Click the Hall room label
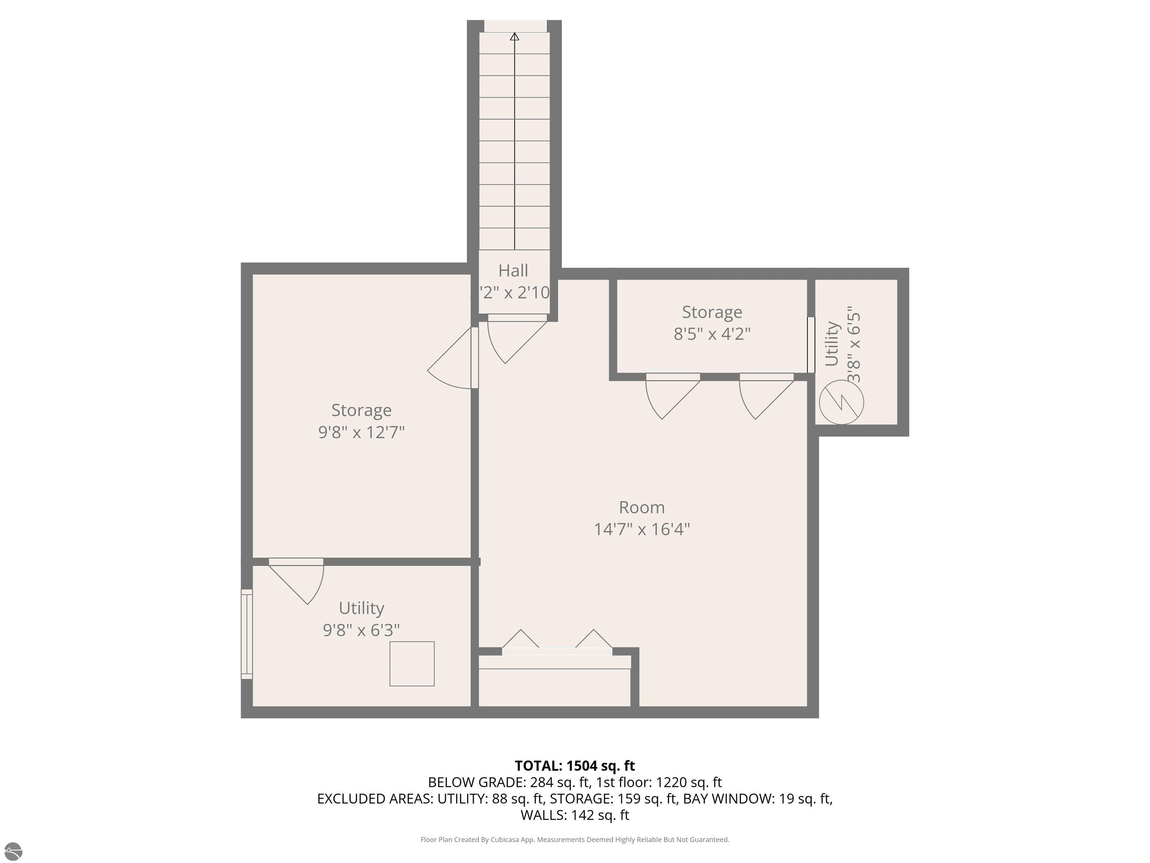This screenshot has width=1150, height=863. [x=513, y=270]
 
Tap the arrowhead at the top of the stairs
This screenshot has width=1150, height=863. [x=515, y=36]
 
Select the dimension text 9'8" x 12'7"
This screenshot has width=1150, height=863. [x=361, y=432]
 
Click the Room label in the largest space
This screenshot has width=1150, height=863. [x=642, y=507]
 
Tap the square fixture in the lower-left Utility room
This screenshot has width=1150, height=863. [x=412, y=664]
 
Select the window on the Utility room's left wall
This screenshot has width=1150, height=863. [x=247, y=634]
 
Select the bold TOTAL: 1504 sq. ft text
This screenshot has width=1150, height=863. [x=575, y=766]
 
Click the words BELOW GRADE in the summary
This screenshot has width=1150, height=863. [x=476, y=782]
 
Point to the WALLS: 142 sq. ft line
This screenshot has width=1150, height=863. [x=575, y=815]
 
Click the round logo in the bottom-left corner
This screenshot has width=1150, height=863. [x=13, y=851]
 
